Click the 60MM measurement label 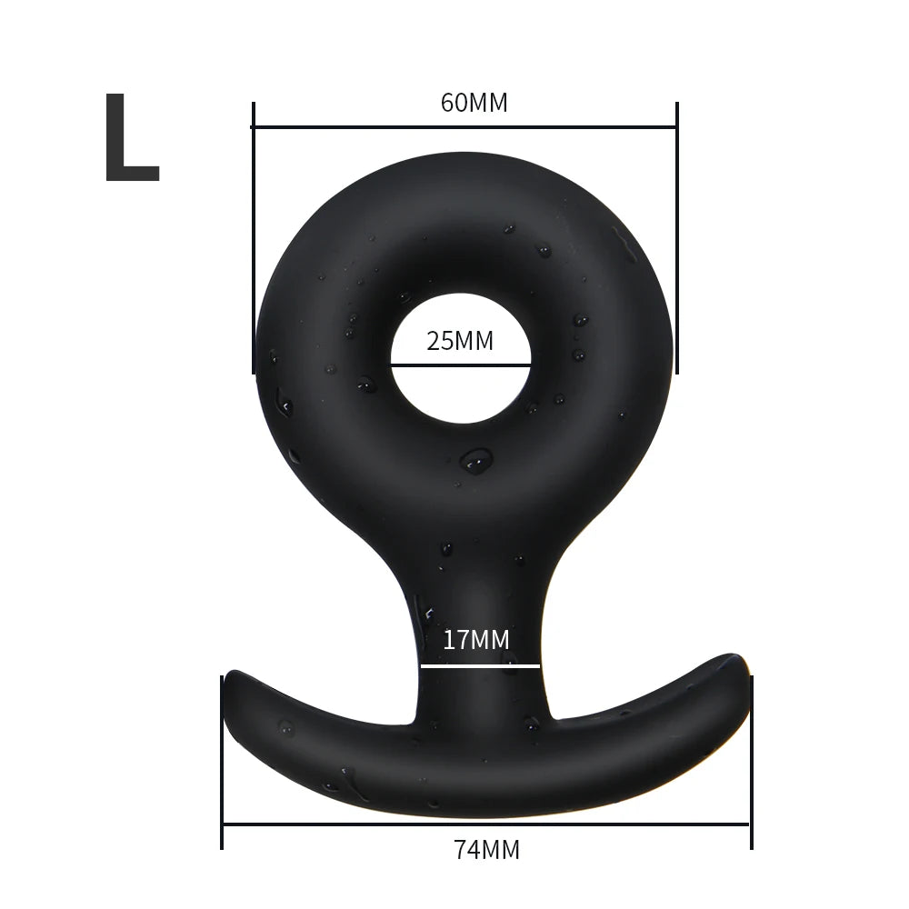tap(474, 103)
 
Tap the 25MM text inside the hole tap(460, 342)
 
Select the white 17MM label tap(475, 639)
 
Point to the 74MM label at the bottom tap(486, 850)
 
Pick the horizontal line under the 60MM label tap(464, 127)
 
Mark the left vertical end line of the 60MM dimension tap(253, 236)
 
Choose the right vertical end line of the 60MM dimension tap(677, 236)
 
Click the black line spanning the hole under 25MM tap(460, 365)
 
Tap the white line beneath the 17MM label tap(480, 666)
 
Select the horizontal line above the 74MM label tap(486, 824)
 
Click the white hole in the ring tap(460, 391)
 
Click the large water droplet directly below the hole tap(475, 461)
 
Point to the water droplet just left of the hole tap(367, 385)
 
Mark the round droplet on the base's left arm tap(286, 727)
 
